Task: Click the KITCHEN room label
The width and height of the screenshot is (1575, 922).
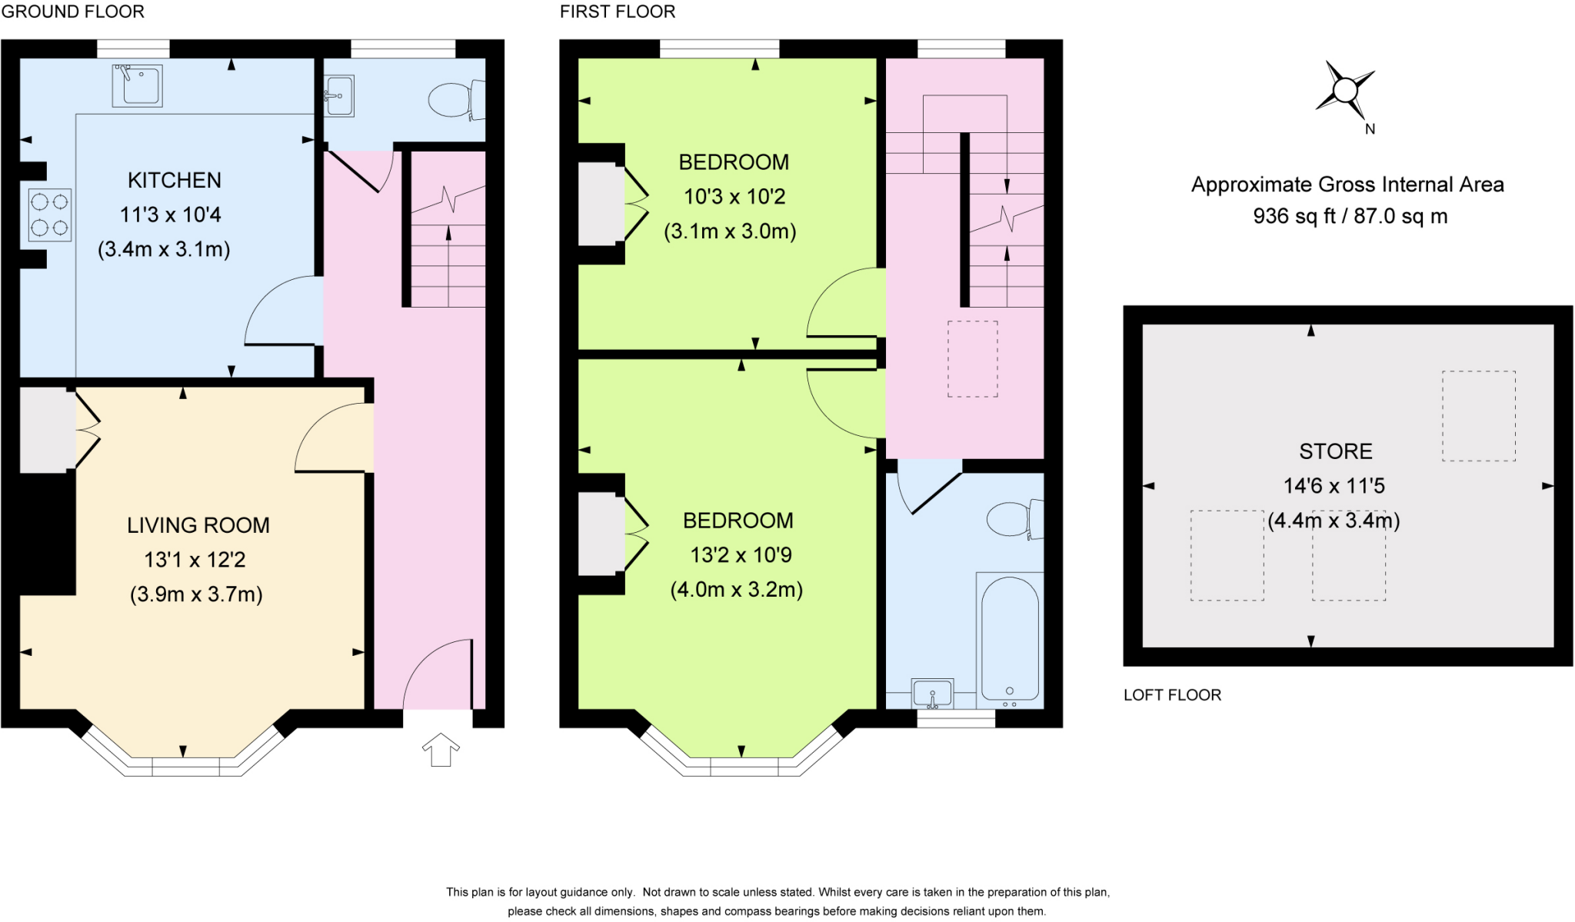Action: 174,180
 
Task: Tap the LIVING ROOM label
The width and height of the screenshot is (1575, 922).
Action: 198,525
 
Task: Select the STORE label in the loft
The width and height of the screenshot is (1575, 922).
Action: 1335,451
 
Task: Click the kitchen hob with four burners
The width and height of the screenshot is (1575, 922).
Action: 50,215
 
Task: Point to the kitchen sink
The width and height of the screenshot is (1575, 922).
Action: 138,85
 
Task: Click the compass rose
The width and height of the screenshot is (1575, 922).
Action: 1344,91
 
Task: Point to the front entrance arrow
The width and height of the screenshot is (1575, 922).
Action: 441,750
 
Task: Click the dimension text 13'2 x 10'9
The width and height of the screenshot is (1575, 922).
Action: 741,554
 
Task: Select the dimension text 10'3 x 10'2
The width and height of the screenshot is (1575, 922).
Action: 734,197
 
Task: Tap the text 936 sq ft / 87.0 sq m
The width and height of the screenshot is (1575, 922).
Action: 1350,216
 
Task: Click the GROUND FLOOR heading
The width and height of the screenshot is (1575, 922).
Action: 73,12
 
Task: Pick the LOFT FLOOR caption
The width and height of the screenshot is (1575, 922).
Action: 1172,695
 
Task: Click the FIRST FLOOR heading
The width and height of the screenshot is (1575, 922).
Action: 618,12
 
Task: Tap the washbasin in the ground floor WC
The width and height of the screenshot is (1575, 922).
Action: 339,96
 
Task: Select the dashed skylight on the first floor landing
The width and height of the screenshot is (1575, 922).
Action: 972,359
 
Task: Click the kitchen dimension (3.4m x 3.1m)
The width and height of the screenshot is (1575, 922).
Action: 164,249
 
